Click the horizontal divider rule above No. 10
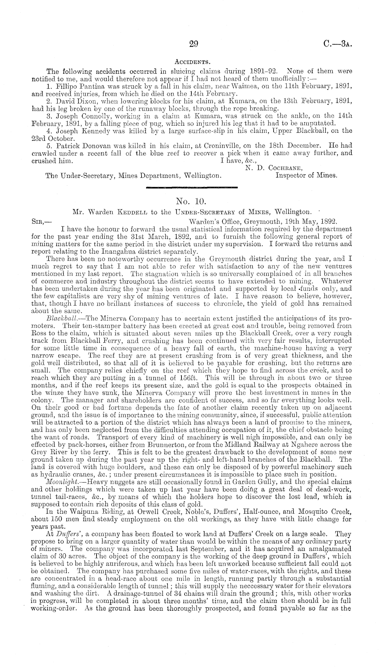[191, 187]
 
